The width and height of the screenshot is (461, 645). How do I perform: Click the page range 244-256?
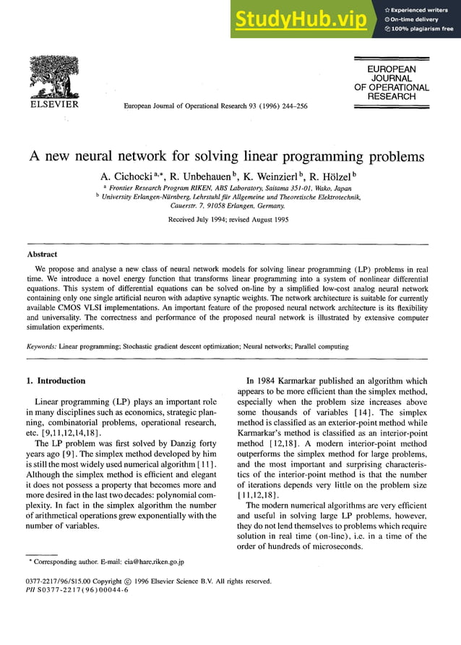[x=291, y=106]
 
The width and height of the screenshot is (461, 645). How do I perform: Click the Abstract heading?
[x=42, y=255]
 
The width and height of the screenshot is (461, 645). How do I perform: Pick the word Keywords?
[x=41, y=346]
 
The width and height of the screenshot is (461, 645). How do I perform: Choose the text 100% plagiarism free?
[x=422, y=29]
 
